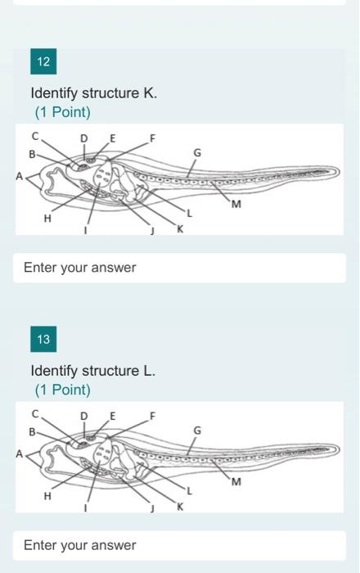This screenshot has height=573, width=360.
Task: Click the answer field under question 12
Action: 179,268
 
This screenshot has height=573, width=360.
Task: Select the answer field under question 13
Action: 179,545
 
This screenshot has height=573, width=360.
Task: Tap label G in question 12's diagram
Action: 196,152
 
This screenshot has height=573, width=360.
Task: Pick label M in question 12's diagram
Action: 236,204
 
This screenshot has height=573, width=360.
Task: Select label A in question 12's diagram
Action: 20,174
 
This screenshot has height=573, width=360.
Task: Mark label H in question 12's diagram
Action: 47,219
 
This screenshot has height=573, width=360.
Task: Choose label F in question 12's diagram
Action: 151,137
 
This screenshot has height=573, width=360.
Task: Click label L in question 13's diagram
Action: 189,491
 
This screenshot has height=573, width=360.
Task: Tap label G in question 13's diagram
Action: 196,430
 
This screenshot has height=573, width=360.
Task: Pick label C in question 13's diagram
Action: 35,413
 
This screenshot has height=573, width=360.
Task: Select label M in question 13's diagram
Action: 236,481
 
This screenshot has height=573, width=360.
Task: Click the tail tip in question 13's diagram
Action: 337,449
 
